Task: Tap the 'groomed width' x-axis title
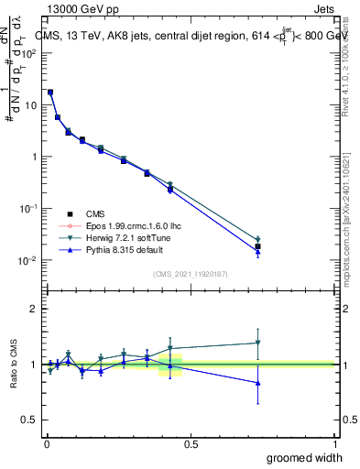306,457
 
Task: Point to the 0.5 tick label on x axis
191,444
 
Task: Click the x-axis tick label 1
334,444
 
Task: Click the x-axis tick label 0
46,444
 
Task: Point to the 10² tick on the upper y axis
31,53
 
